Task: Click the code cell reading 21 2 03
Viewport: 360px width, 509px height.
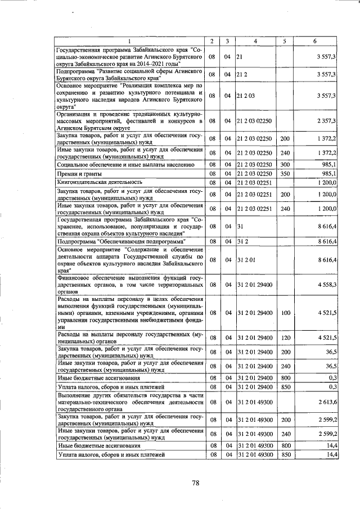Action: coord(246,96)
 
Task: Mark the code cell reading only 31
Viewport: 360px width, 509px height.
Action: coord(240,226)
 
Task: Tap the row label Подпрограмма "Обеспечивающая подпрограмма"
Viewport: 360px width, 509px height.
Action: coord(122,241)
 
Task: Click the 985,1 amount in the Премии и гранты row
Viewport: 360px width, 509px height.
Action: coord(328,174)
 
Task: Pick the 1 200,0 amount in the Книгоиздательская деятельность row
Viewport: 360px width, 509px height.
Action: coord(326,183)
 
